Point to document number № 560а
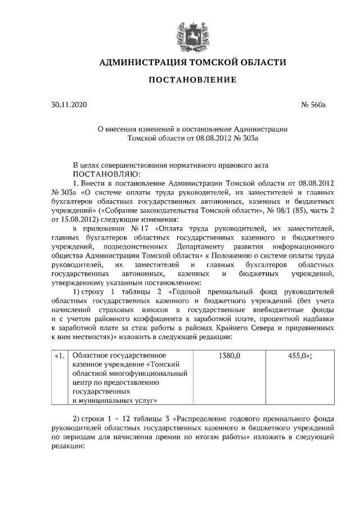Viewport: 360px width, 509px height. point(314,105)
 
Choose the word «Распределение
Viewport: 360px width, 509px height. point(205,420)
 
